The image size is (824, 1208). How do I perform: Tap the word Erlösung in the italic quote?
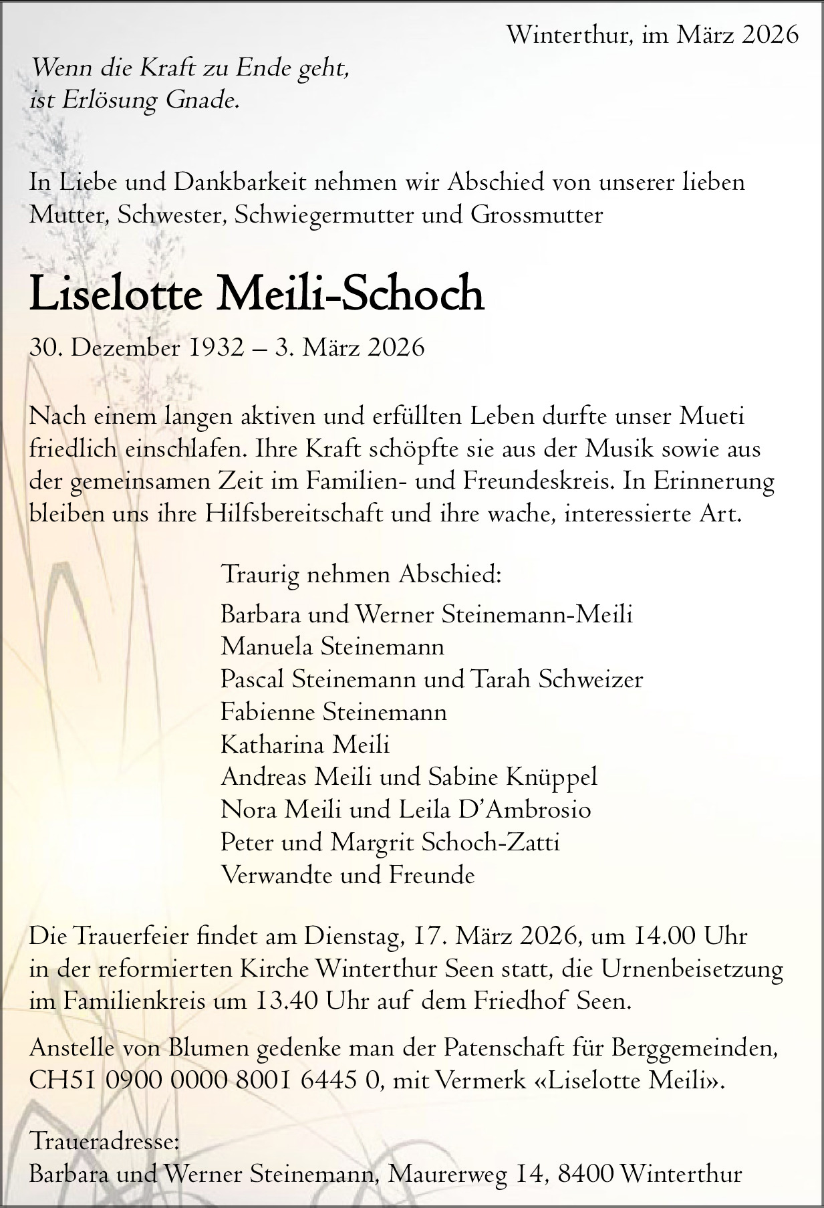pos(111,100)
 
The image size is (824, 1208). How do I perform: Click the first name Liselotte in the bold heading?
pos(115,294)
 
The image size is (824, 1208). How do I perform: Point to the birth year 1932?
pos(217,348)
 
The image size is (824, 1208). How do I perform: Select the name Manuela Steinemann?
pos(332,646)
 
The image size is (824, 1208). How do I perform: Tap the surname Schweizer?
pos(590,679)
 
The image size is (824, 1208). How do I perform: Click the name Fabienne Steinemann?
pos(333,712)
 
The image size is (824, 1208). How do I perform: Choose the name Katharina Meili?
pos(305,745)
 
